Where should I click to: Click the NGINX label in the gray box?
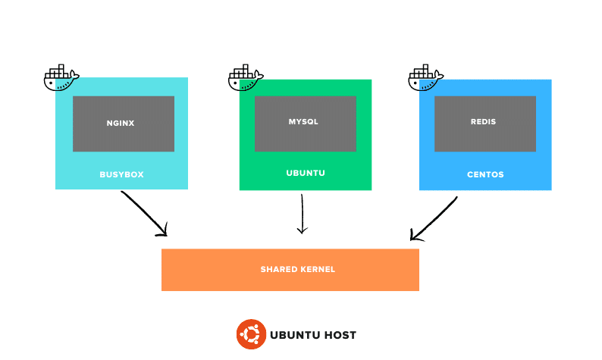(121, 123)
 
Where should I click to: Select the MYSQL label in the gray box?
(303, 121)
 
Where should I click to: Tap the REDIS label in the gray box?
(483, 121)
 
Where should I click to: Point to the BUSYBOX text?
(121, 174)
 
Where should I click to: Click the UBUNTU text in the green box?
(306, 173)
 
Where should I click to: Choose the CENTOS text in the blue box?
(485, 174)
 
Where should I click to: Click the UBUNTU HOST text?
(313, 335)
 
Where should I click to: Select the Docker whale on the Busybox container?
(61, 78)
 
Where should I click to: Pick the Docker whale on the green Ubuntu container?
(245, 78)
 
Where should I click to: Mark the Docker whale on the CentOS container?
(425, 78)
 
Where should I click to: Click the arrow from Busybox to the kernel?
(144, 212)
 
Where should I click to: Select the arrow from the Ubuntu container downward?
(302, 212)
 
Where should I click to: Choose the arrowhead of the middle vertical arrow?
(302, 230)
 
